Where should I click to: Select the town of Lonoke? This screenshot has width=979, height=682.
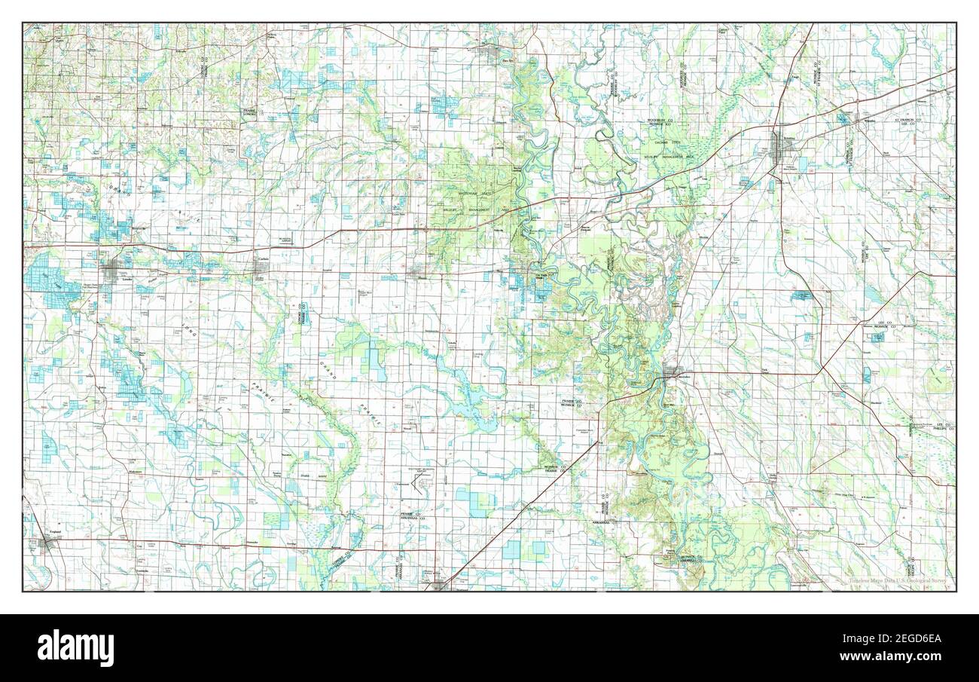tap(113, 271)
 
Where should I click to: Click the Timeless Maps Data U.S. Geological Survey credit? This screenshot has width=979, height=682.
tap(899, 581)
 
